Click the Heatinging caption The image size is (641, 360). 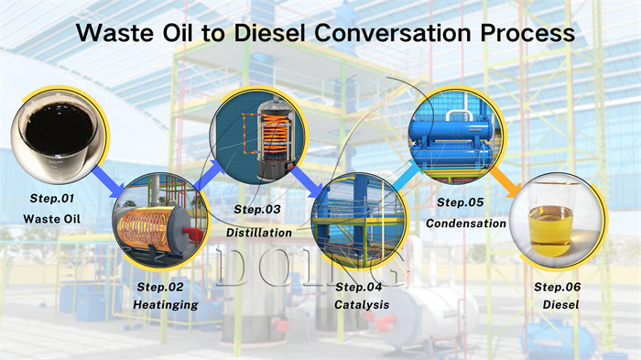point(166,304)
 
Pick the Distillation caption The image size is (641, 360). point(259,233)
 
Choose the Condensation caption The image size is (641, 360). point(466,223)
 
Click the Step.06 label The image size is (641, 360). point(558,286)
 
